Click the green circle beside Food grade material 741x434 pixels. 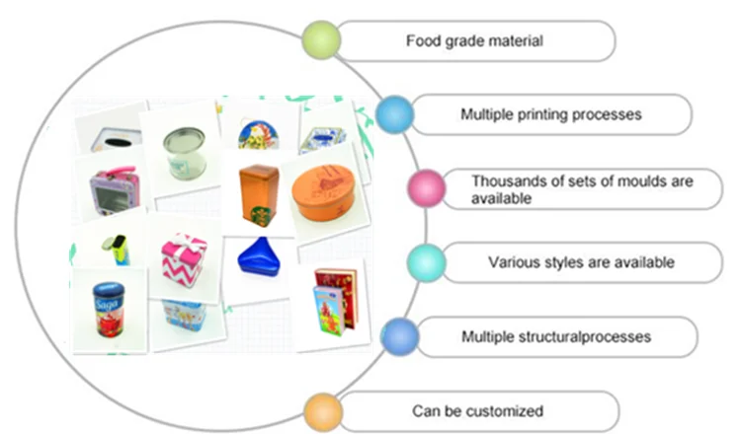[x=322, y=40]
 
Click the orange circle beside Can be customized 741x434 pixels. [x=322, y=410]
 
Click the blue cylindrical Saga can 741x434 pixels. [x=106, y=314]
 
